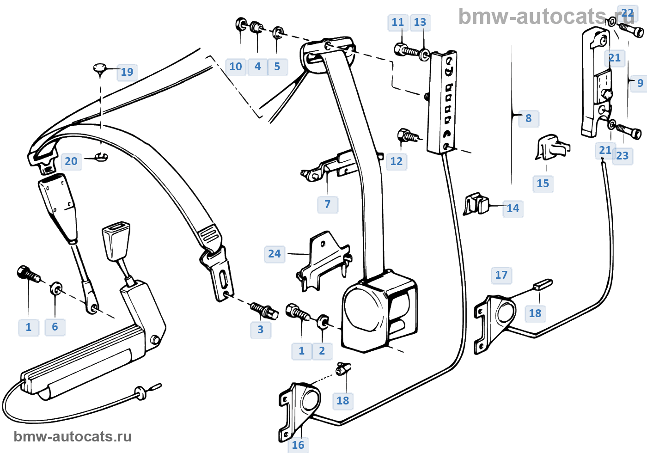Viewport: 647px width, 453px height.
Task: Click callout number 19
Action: [x=127, y=72]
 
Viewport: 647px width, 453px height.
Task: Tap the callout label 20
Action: [x=71, y=161]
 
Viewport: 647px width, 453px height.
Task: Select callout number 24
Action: [x=275, y=254]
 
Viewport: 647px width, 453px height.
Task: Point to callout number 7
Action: [x=328, y=204]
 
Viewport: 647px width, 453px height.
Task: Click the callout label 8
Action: [x=529, y=118]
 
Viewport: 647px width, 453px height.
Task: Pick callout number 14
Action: [x=513, y=208]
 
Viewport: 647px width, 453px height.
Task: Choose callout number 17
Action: [x=501, y=275]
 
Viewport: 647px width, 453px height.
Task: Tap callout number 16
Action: [x=298, y=445]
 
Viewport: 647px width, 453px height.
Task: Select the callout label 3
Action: [x=261, y=330]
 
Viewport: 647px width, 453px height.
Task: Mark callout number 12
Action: [x=397, y=161]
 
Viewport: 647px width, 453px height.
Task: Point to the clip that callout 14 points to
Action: [x=476, y=203]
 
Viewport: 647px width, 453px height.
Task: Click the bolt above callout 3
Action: [x=264, y=310]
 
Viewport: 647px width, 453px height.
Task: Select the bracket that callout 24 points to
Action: [x=323, y=261]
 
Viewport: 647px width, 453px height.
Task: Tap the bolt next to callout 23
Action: [x=629, y=131]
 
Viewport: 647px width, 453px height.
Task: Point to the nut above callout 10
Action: [x=241, y=24]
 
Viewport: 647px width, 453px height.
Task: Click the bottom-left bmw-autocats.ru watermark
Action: [x=73, y=436]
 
